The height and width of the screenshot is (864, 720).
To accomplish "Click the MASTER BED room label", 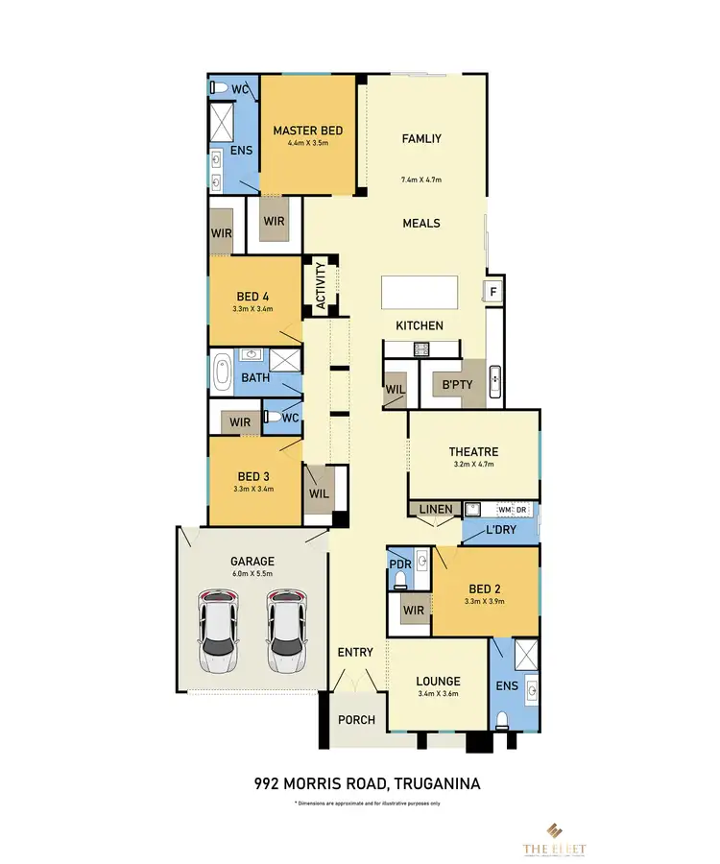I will [x=307, y=131].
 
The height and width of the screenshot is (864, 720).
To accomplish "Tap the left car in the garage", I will [x=219, y=631].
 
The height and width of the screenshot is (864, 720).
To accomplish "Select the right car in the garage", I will [x=286, y=631].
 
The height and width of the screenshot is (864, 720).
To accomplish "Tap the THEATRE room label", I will [x=473, y=452].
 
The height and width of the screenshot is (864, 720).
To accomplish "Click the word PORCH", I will [x=355, y=720].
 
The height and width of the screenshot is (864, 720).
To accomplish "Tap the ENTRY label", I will [x=355, y=653].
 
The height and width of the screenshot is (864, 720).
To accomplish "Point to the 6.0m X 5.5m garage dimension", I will [x=252, y=573].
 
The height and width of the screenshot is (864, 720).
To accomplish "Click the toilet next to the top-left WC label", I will [x=219, y=88].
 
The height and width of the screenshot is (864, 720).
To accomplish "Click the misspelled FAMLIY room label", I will [x=420, y=138].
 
